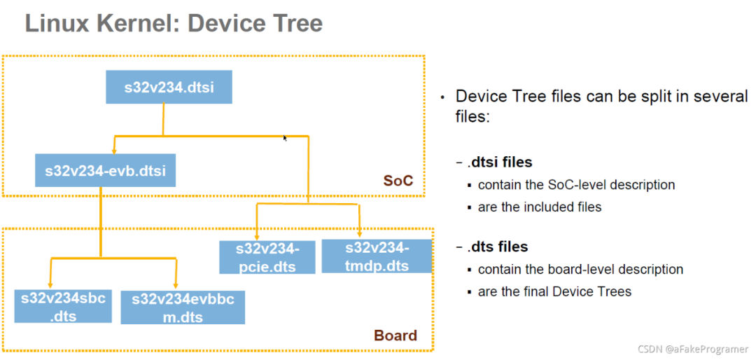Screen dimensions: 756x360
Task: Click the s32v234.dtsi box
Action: tap(169, 87)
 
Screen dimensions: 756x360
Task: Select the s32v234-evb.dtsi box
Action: tap(105, 170)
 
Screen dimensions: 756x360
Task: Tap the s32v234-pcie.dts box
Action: tap(267, 257)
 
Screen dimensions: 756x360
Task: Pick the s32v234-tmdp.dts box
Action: tap(377, 256)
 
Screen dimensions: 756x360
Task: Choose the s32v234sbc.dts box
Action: tap(63, 307)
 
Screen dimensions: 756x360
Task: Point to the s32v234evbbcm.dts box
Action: tap(183, 307)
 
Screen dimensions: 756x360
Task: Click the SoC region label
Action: tap(398, 181)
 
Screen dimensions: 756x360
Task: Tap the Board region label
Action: tap(395, 335)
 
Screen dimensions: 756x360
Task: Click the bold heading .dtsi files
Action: tap(500, 162)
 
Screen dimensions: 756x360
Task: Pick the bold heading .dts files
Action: tap(498, 247)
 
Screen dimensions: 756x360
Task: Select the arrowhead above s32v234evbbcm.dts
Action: tap(176, 286)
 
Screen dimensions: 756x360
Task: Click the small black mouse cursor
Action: tap(285, 138)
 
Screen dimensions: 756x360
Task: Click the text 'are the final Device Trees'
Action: tap(554, 291)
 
